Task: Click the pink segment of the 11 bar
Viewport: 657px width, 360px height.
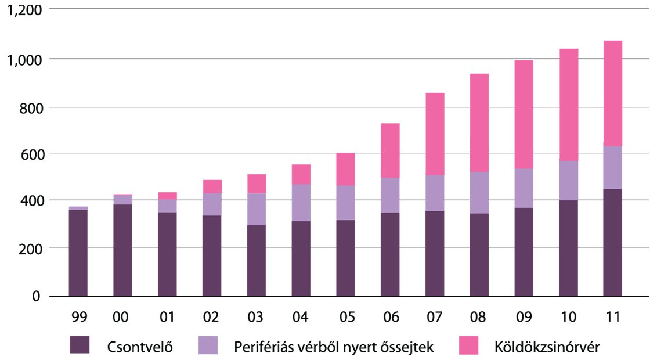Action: pyautogui.click(x=612, y=93)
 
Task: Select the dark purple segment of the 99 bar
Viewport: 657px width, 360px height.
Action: pyautogui.click(x=78, y=253)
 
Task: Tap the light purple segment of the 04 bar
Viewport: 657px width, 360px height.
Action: pyautogui.click(x=301, y=203)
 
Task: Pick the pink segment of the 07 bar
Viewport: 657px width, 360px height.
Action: pyautogui.click(x=434, y=134)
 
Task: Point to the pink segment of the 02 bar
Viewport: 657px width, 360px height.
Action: pyautogui.click(x=212, y=186)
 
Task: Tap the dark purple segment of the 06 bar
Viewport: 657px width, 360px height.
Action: pyautogui.click(x=390, y=254)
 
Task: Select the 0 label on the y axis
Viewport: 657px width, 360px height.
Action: pyautogui.click(x=35, y=296)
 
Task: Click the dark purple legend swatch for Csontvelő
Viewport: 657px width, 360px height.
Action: pyautogui.click(x=80, y=344)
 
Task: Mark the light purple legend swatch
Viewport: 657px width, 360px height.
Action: pyautogui.click(x=207, y=344)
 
